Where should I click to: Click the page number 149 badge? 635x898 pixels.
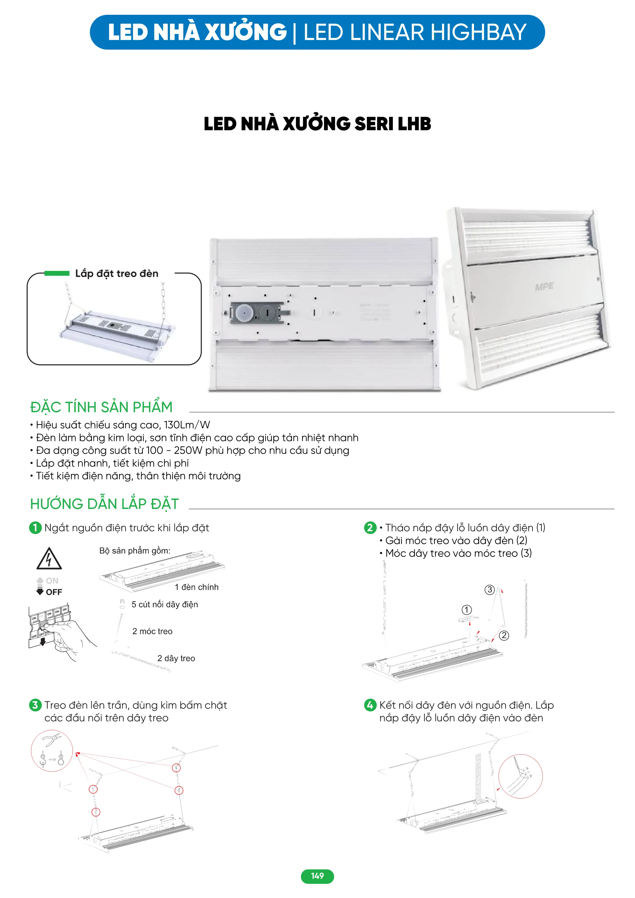pos(317,876)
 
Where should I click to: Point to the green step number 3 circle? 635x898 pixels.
pos(35,705)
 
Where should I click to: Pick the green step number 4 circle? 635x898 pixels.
pos(370,705)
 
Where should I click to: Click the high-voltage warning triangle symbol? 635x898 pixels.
pos(49,559)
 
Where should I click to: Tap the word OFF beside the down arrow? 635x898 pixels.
pos(54,592)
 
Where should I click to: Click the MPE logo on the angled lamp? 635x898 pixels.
pos(544,287)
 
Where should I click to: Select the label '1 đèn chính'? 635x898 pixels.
pos(196,587)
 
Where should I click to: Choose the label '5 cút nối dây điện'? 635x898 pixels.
pos(165,604)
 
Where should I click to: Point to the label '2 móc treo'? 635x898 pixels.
pos(152,631)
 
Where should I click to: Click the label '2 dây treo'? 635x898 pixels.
pos(176,658)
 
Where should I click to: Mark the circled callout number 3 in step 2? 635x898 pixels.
pos(490,590)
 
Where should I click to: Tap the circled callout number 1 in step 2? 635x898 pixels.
pos(467,610)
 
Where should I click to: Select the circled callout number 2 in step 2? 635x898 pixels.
pos(504,636)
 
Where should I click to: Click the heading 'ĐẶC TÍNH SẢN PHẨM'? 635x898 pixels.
pos(101,407)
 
